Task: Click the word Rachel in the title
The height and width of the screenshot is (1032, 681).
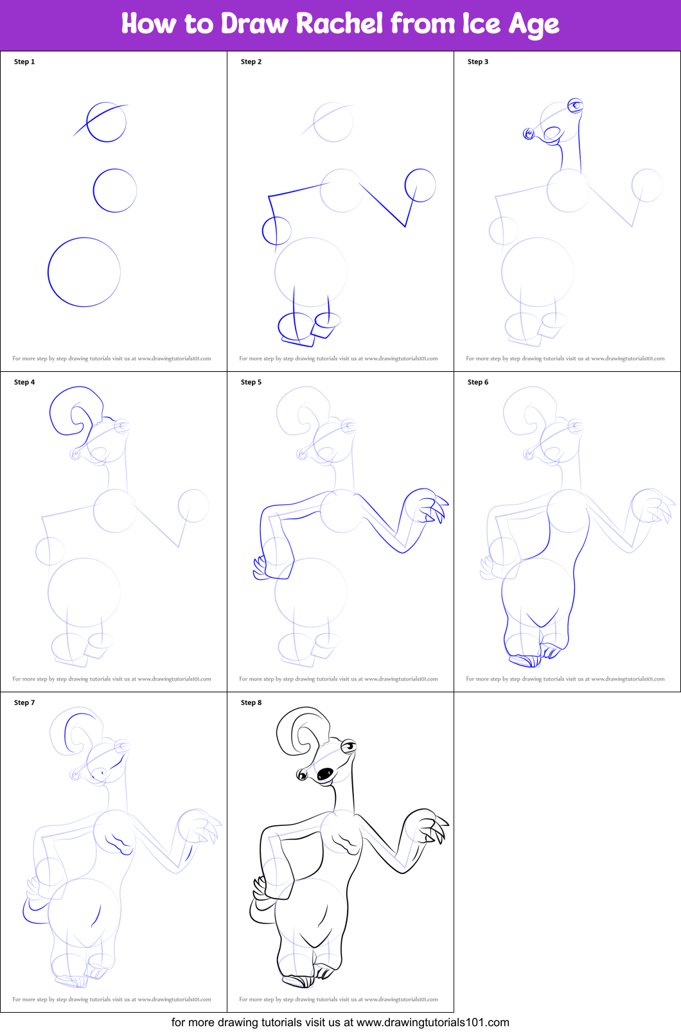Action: pyautogui.click(x=339, y=23)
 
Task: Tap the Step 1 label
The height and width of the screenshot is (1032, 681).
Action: pyautogui.click(x=24, y=62)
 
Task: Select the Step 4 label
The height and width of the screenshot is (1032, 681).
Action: pyautogui.click(x=24, y=382)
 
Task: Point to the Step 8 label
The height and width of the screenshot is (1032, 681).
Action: pyautogui.click(x=251, y=703)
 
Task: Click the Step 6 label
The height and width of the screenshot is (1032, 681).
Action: pyautogui.click(x=478, y=382)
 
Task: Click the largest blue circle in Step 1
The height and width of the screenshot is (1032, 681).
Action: pyautogui.click(x=48, y=272)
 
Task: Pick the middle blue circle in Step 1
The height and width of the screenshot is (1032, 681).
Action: pyautogui.click(x=93, y=190)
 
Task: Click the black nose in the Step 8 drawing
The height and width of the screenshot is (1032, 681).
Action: pyautogui.click(x=325, y=774)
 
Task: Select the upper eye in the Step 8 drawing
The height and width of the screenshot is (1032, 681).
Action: pyautogui.click(x=349, y=746)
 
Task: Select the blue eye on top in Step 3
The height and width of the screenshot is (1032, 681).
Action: pyautogui.click(x=575, y=105)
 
